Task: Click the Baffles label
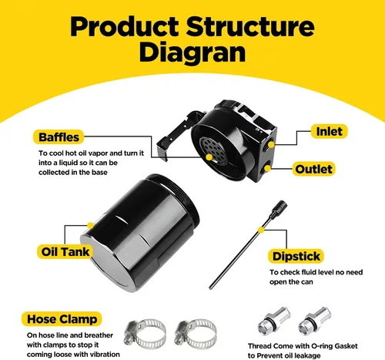point(59,137)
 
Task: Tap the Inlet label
point(329,131)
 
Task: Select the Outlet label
point(313,169)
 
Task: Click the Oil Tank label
point(65,251)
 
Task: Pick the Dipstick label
point(296,256)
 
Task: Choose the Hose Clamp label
point(62,319)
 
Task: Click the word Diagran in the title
point(192,52)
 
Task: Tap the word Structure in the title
point(250,26)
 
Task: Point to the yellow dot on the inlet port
point(271,145)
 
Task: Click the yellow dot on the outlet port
point(267,168)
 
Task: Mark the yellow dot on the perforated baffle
point(209,157)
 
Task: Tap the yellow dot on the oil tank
point(90,226)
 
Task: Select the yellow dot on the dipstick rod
point(261,230)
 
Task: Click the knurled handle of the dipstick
point(279,209)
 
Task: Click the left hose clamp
point(145,334)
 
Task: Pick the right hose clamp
point(195,334)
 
